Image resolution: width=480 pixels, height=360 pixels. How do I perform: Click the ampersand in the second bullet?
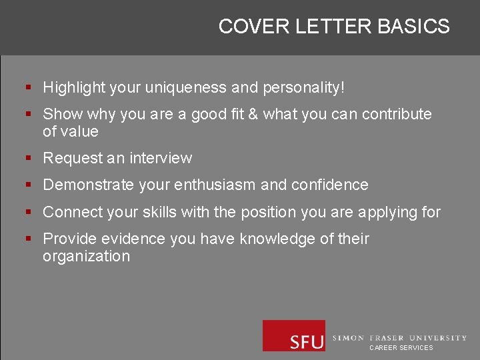[x=253, y=114]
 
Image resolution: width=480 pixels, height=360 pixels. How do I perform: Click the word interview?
[x=161, y=158]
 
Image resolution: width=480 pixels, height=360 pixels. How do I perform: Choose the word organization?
[x=87, y=256]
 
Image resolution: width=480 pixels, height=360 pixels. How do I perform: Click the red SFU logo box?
[x=293, y=335]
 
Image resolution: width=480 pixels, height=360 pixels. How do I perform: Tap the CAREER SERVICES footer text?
[x=401, y=348]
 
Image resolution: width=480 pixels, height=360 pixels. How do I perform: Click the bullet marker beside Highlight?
[x=28, y=87]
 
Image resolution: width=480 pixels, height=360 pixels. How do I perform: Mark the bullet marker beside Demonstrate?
[x=28, y=185]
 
